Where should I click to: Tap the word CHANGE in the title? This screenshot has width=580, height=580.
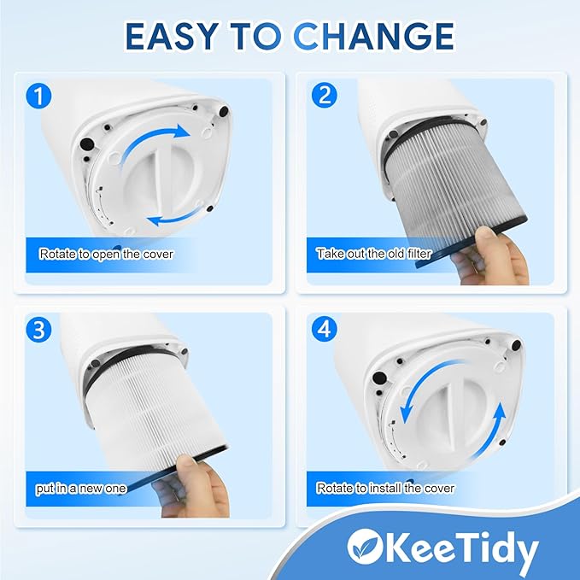(x=374, y=36)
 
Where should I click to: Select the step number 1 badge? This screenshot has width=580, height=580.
(x=38, y=97)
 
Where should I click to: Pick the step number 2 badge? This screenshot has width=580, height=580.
(x=325, y=95)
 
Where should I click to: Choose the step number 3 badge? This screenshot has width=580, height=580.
(x=38, y=330)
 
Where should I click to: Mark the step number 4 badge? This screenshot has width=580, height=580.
(x=325, y=329)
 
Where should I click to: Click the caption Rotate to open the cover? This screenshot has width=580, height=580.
(x=106, y=254)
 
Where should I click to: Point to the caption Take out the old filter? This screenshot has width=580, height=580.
(x=374, y=254)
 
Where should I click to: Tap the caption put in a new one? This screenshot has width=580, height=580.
(x=81, y=489)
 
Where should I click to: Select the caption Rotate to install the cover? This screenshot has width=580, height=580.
(x=385, y=489)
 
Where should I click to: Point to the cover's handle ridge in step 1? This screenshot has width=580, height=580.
(x=159, y=177)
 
